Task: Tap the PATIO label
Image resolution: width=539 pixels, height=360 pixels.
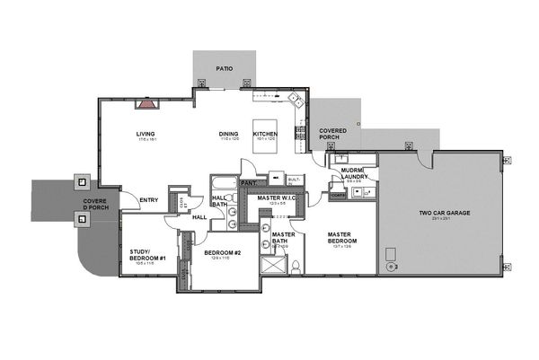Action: (x=225, y=68)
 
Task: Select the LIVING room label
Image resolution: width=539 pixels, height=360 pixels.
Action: (x=146, y=135)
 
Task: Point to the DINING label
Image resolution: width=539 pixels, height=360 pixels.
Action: (x=229, y=135)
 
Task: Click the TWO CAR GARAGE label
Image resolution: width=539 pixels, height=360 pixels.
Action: (x=444, y=214)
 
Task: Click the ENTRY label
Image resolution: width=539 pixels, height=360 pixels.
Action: (x=149, y=199)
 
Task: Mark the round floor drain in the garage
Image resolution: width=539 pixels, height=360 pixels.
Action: (x=390, y=266)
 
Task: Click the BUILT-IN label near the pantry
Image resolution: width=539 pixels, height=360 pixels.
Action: (x=294, y=180)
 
